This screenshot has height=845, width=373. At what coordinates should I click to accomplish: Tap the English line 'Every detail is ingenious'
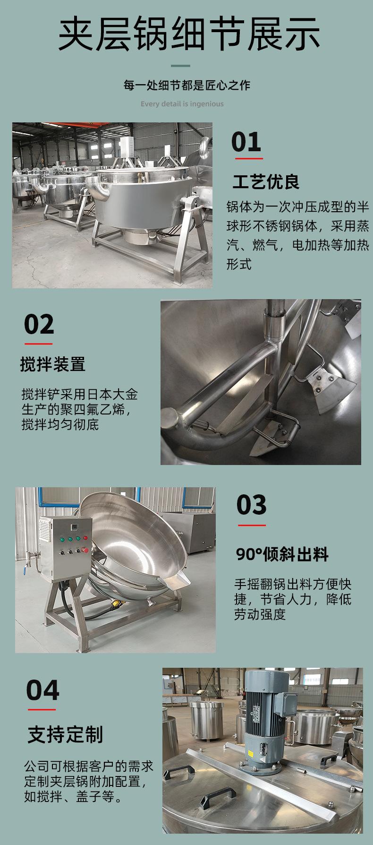182,104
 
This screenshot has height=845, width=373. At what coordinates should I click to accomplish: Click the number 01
246,142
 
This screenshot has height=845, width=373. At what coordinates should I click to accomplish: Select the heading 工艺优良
266,182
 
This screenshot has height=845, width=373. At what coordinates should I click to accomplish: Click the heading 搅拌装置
52,364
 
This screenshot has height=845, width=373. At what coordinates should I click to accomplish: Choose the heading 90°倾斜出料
282,554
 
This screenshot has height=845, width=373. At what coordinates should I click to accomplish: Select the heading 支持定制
65,734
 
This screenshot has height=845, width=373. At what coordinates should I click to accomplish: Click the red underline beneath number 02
38,344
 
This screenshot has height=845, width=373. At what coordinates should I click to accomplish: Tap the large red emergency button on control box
85,549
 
